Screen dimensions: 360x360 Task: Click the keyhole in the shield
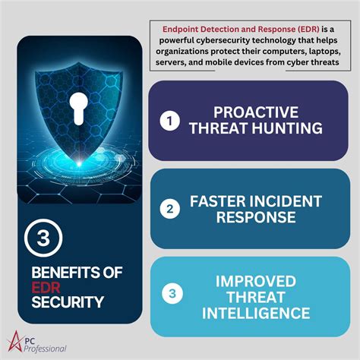[80, 106]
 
